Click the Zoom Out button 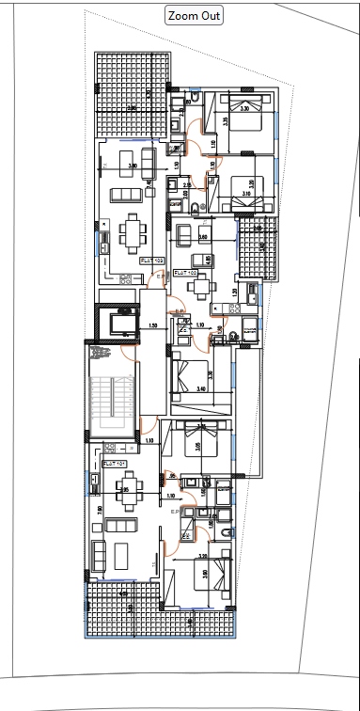pos(195,15)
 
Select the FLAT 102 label pos(185,273)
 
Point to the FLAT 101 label pos(115,464)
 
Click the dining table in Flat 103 pos(133,229)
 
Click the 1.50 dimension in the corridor pos(152,325)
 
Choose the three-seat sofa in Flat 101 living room pos(123,556)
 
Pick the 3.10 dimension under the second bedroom pos(245,194)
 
